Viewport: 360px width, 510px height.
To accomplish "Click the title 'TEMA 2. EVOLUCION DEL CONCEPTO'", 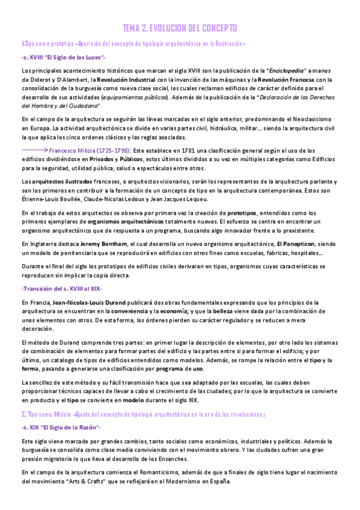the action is coord(180,28).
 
